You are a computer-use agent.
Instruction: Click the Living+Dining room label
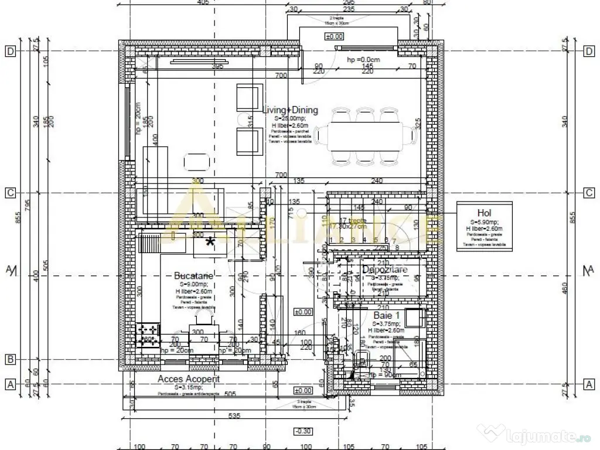pyautogui.click(x=290, y=110)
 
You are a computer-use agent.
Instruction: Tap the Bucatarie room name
pyautogui.click(x=193, y=275)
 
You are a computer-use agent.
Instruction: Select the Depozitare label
pyautogui.click(x=384, y=270)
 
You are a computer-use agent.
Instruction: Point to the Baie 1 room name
pyautogui.click(x=387, y=315)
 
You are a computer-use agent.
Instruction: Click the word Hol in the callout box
pyautogui.click(x=484, y=213)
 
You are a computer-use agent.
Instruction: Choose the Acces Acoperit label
pyautogui.click(x=189, y=379)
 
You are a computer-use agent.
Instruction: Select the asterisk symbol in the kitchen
pyautogui.click(x=209, y=241)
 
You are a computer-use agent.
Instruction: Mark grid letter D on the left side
pyautogui.click(x=10, y=51)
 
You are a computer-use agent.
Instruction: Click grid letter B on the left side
pyautogui.click(x=10, y=359)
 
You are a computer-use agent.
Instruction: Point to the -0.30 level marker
pyautogui.click(x=303, y=432)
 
